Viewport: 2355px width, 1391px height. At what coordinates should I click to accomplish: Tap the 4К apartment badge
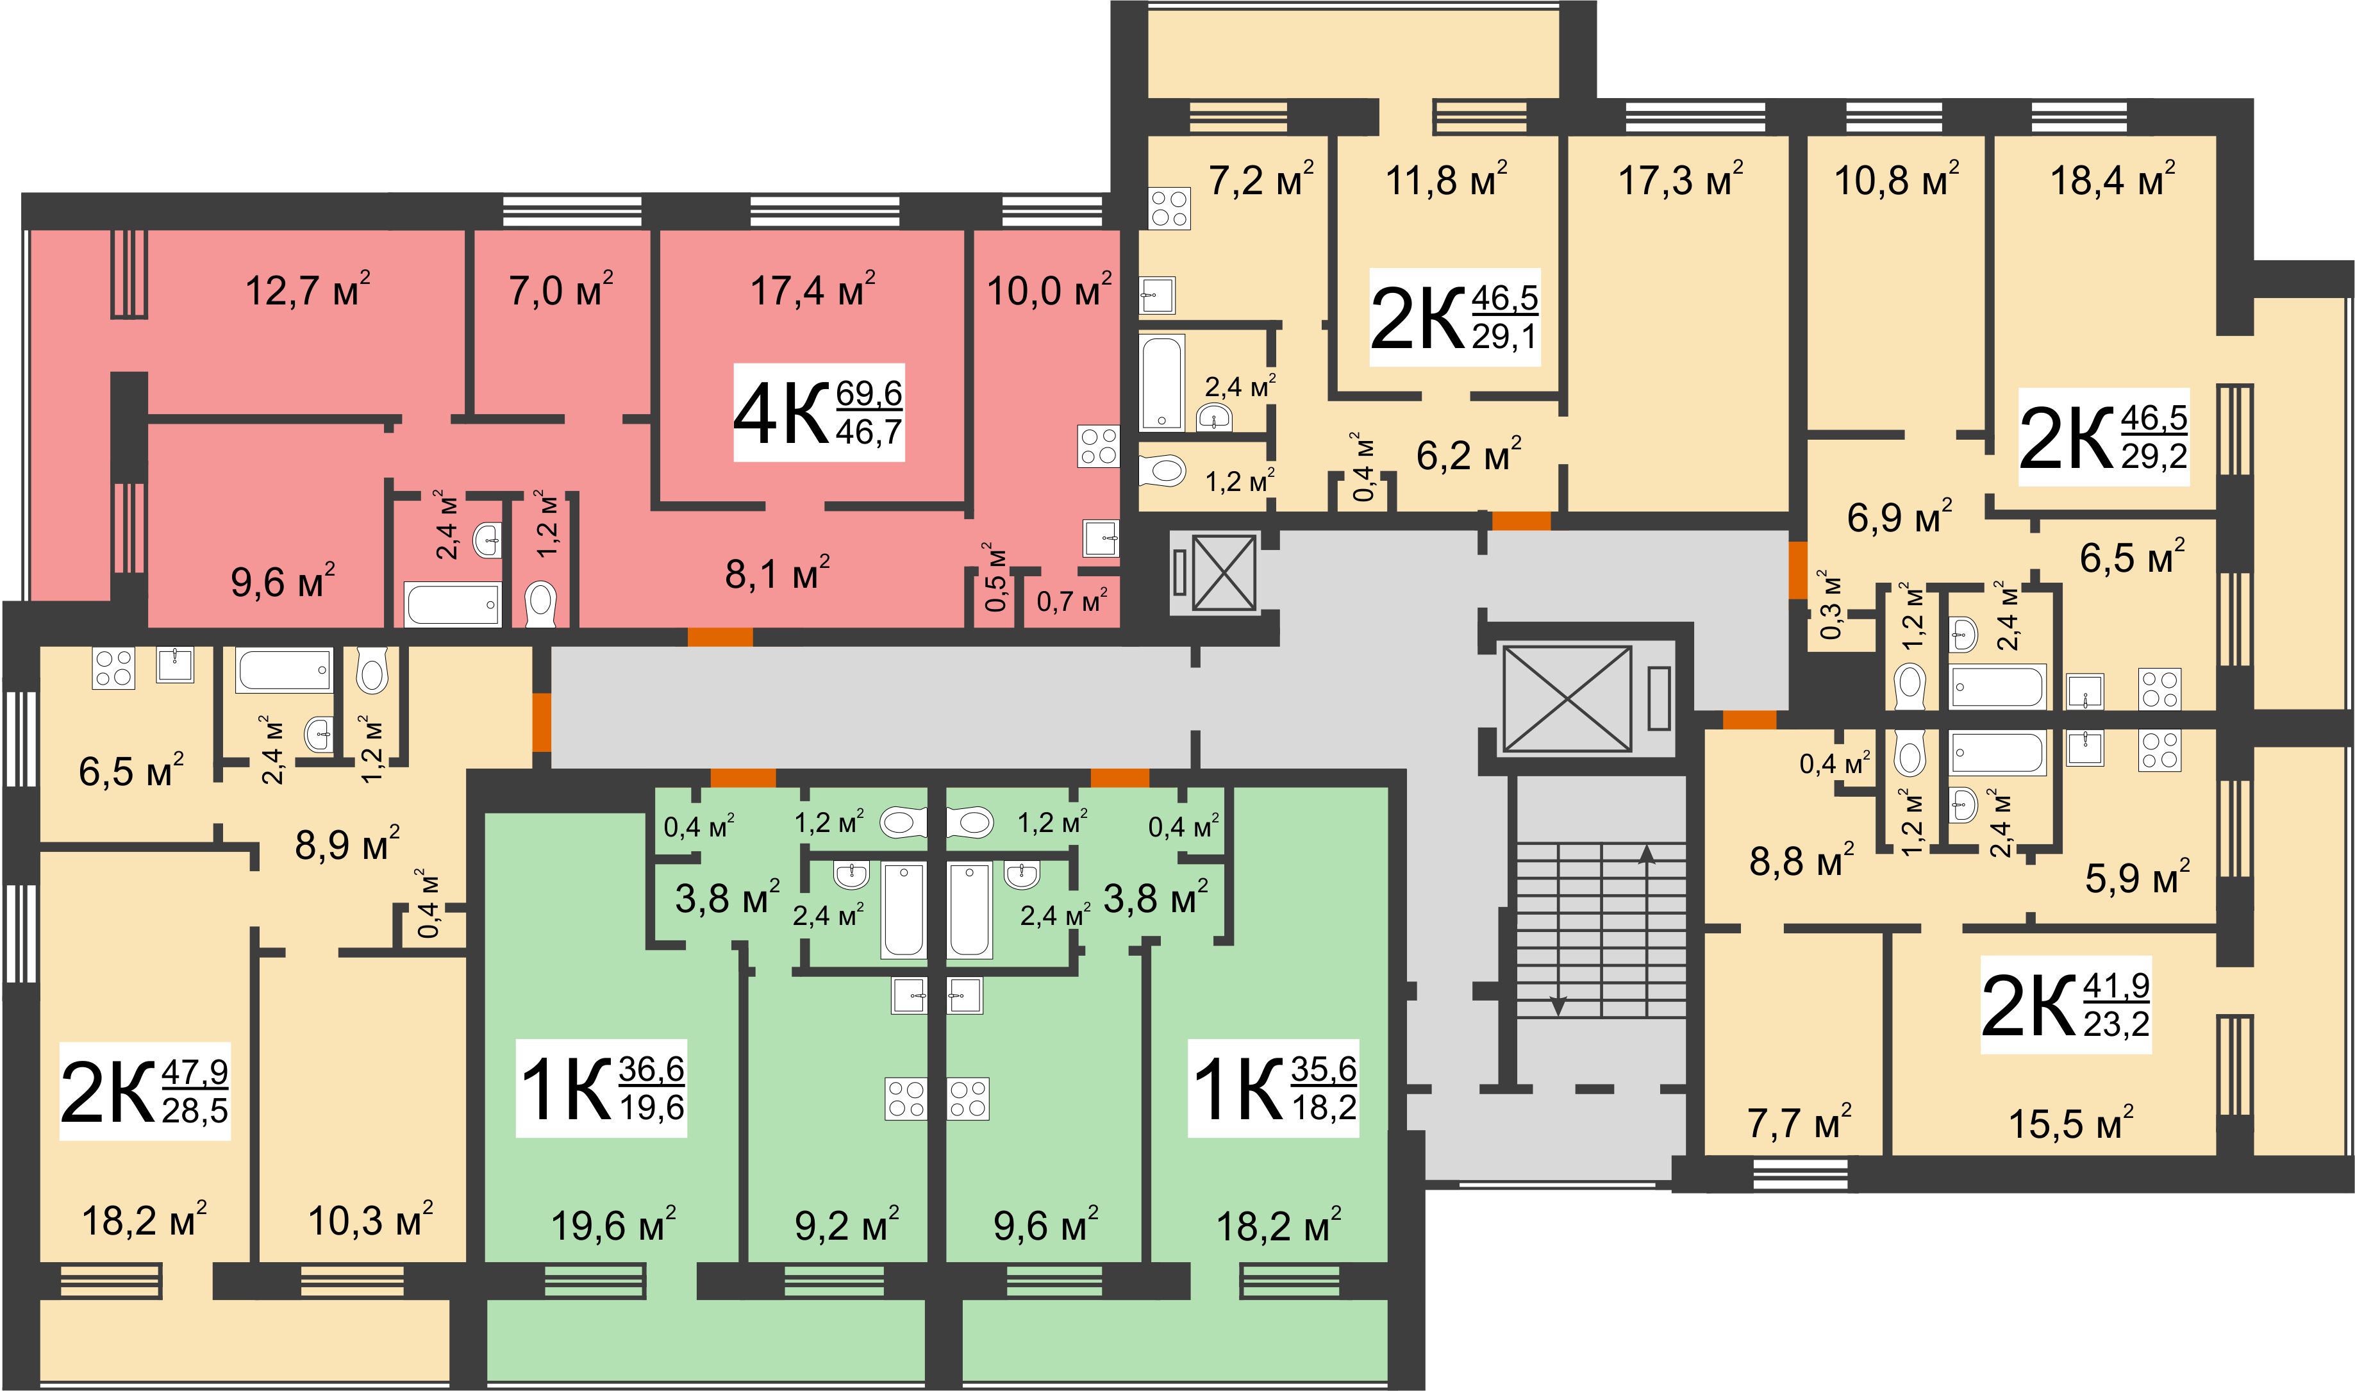tap(818, 412)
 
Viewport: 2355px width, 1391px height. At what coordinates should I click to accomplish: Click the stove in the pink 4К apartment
tap(1098, 446)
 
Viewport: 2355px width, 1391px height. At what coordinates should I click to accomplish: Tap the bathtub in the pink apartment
tap(453, 604)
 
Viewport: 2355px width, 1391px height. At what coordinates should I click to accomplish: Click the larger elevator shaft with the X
tap(1567, 698)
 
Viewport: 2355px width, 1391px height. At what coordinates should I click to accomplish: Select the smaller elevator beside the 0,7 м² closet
tap(1224, 572)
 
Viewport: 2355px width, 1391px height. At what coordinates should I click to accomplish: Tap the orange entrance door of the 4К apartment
tap(720, 637)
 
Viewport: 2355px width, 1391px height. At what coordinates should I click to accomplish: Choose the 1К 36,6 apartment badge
tap(602, 1088)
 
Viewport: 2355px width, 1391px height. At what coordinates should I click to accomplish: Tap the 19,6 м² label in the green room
tap(613, 1225)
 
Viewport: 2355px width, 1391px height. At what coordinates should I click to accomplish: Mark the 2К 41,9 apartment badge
tap(2065, 1005)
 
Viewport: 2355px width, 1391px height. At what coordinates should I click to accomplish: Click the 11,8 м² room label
tap(1446, 178)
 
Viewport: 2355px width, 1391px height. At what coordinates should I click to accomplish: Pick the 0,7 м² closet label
tap(1072, 601)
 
